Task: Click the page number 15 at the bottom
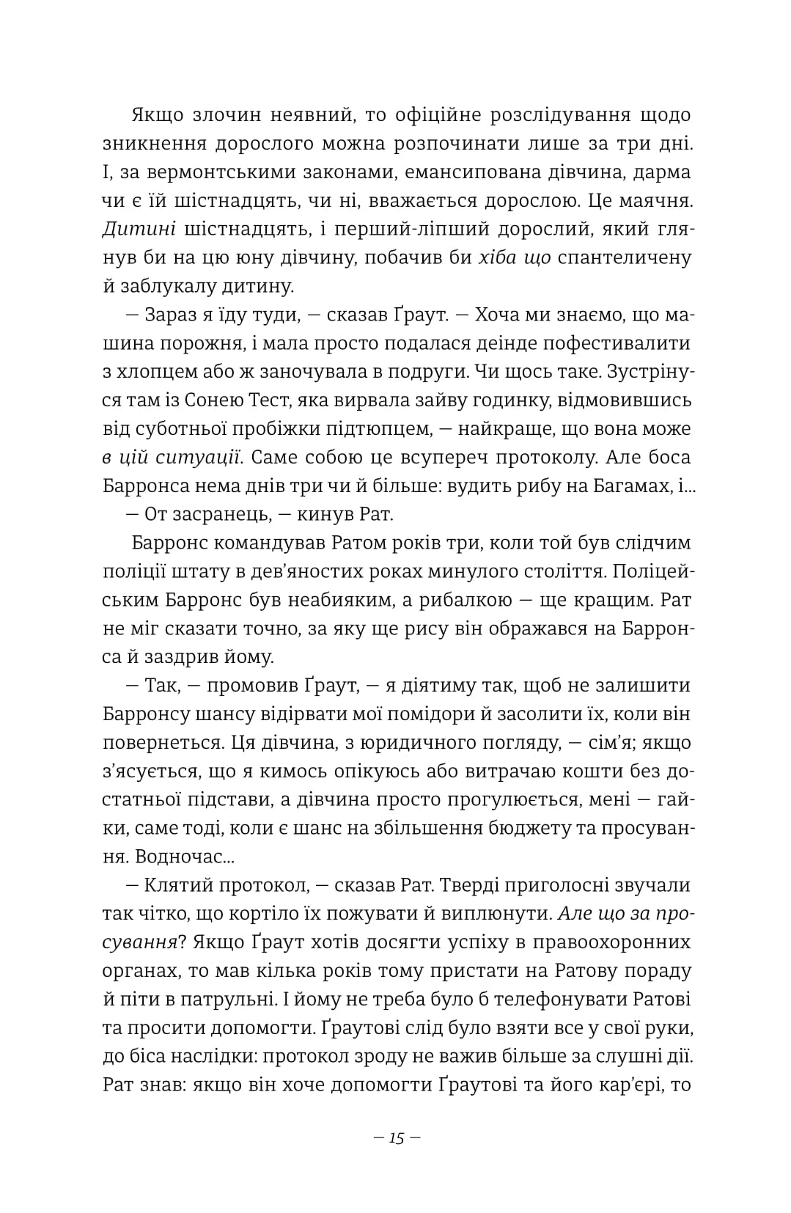coord(397,1139)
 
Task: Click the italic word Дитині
coord(139,229)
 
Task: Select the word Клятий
coord(174,885)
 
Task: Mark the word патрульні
coord(244,999)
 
